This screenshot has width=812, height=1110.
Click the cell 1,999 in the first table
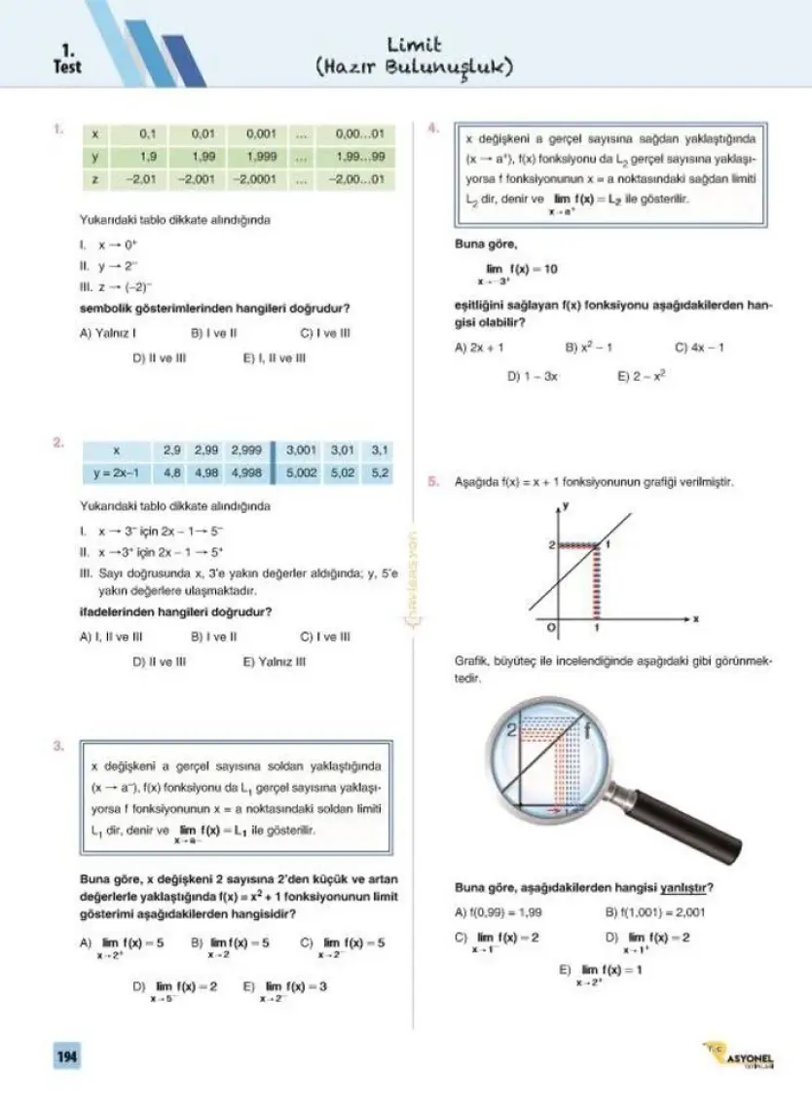261,156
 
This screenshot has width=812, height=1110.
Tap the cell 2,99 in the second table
206,451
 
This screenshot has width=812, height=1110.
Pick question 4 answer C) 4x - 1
699,347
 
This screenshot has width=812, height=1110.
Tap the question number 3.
58,747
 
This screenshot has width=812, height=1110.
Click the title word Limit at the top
415,45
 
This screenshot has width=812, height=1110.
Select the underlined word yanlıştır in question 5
685,888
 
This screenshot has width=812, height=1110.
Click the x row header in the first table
94,132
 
